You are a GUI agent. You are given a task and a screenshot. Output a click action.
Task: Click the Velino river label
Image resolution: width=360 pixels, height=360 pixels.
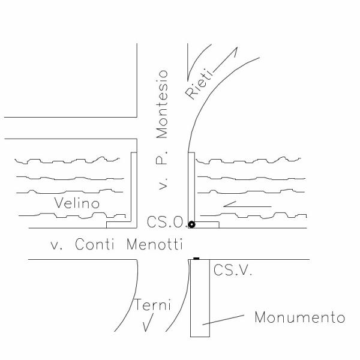pos(76,203)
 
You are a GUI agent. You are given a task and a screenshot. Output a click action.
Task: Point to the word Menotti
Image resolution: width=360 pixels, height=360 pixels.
pos(154,244)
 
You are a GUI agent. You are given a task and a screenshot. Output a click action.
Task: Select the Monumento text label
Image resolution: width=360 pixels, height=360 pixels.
pos(299,317)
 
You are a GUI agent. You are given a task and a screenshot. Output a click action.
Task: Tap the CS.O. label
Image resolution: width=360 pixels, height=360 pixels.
pos(166,223)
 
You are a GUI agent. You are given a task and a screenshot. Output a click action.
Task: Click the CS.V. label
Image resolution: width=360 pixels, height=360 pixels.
pos(233,271)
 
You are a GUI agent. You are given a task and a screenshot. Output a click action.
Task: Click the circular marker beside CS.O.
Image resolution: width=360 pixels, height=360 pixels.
pos(191,224)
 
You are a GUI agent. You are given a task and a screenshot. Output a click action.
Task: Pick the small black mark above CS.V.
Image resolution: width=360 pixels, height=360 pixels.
pos(196,259)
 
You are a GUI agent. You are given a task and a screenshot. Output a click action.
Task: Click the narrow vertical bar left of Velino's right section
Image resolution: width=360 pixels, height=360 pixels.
pos(191,186)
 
